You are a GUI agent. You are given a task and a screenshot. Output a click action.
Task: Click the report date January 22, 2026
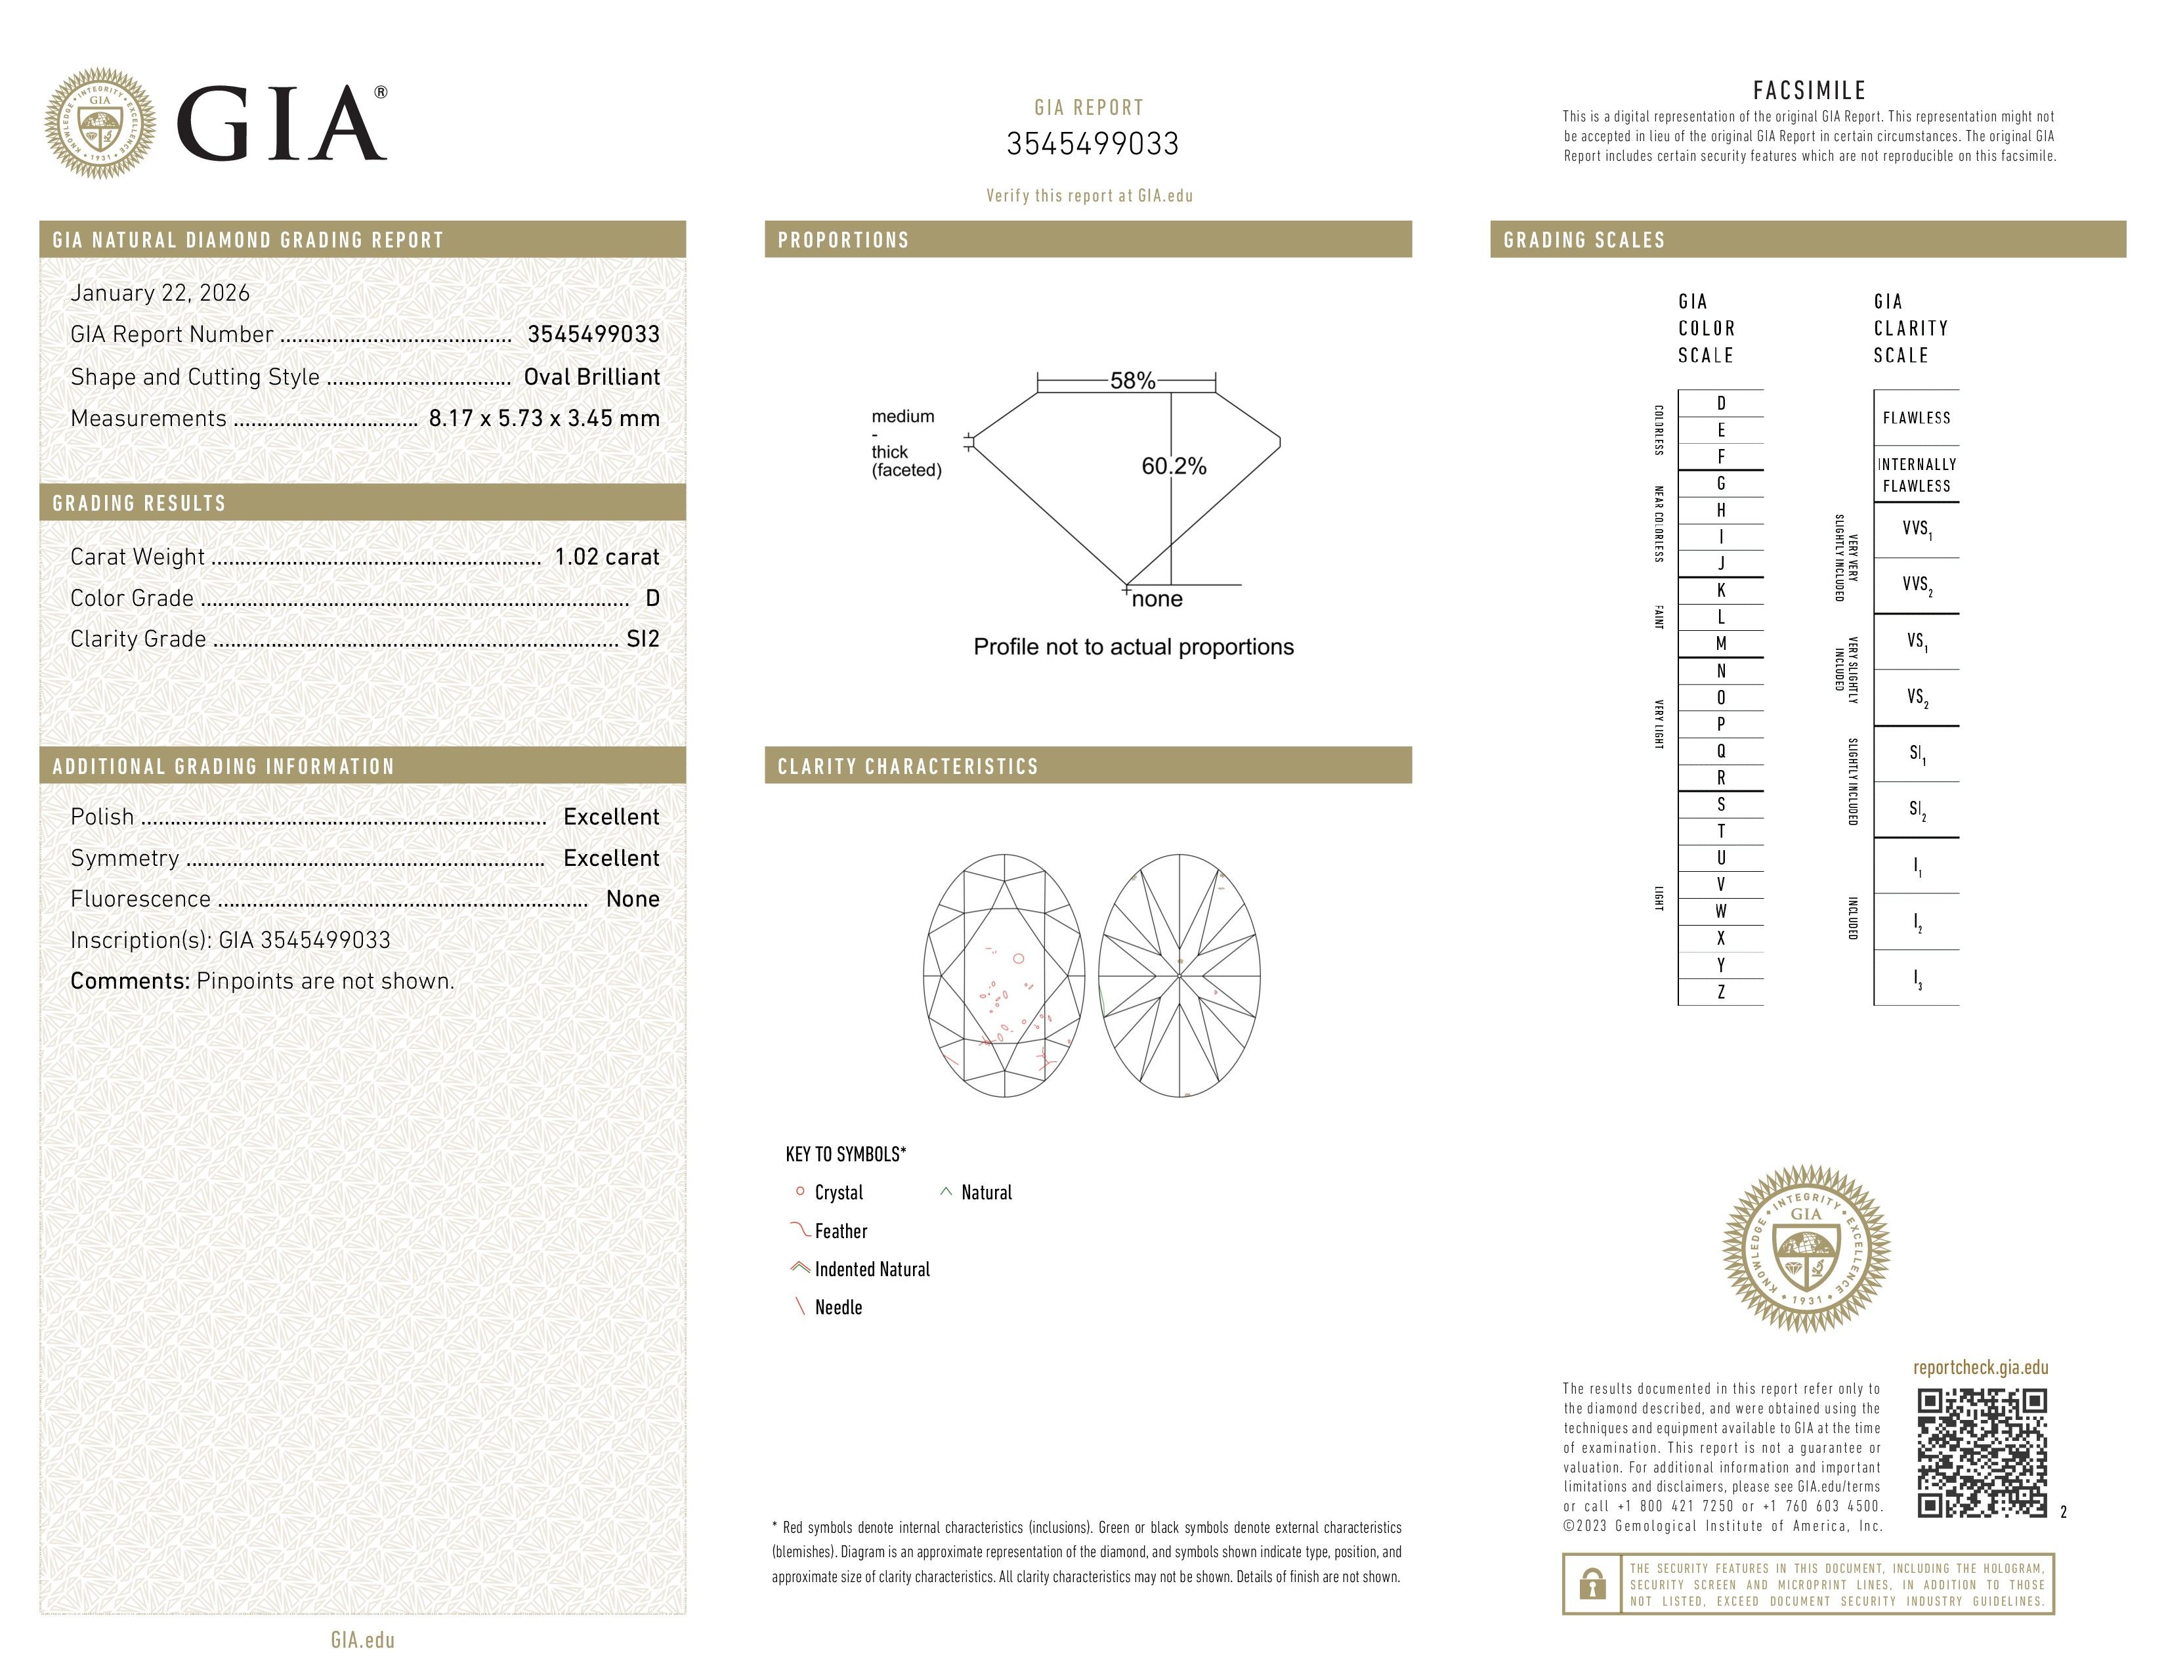(159, 293)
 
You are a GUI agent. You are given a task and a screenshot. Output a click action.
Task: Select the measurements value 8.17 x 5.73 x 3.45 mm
(543, 419)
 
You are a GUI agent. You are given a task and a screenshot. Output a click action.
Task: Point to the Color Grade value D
(652, 598)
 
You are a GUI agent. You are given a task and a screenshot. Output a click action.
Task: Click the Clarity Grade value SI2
(643, 639)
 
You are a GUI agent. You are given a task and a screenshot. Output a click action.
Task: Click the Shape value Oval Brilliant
(591, 377)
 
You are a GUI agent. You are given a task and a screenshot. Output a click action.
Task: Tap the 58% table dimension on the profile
(1132, 381)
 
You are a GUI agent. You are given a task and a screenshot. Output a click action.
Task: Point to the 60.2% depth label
(1174, 466)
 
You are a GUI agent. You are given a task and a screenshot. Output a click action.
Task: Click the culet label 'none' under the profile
(1157, 599)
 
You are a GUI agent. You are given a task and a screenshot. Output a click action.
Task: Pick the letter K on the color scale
(1721, 590)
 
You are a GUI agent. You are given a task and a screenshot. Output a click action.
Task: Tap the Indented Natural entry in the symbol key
(871, 1270)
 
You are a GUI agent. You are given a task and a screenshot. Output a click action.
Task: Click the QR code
(1980, 1453)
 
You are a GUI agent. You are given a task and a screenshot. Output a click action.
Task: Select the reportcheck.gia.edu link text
(1980, 1367)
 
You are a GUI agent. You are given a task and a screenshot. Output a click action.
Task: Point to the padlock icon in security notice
(1592, 1584)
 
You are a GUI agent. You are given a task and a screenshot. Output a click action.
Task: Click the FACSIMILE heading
(1809, 90)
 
